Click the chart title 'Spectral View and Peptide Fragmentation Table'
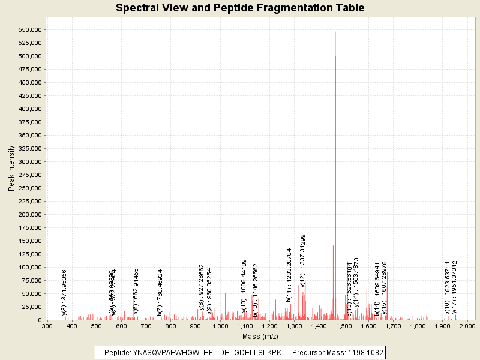coord(240,8)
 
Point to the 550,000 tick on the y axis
coord(29,30)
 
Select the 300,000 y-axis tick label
coord(29,162)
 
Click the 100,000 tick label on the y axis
coord(29,268)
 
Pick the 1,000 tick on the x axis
coord(220,326)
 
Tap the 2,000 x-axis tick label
coord(467,326)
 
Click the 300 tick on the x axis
coord(47,326)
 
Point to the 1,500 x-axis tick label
coord(343,326)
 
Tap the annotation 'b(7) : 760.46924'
coord(160,292)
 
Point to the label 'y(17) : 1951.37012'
coord(455,287)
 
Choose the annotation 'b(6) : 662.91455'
coord(136,292)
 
